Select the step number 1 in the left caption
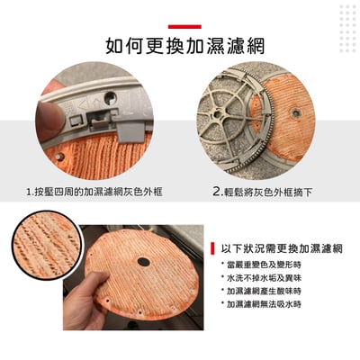(x=29, y=192)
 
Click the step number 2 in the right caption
(x=217, y=192)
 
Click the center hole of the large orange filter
(x=142, y=263)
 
